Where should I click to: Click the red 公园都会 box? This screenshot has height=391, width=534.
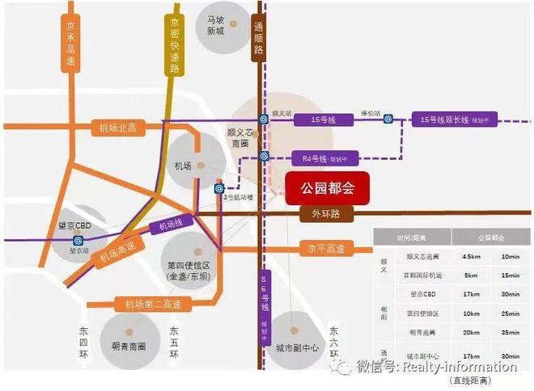pyautogui.click(x=326, y=187)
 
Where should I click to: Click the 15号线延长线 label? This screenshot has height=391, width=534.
pyautogui.click(x=450, y=120)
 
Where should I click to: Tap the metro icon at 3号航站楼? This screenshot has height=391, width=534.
pyautogui.click(x=219, y=187)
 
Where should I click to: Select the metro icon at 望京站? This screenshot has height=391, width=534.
pyautogui.click(x=78, y=240)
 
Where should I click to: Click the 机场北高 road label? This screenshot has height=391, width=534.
pyautogui.click(x=118, y=127)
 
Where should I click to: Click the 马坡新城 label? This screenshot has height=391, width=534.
pyautogui.click(x=215, y=25)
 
